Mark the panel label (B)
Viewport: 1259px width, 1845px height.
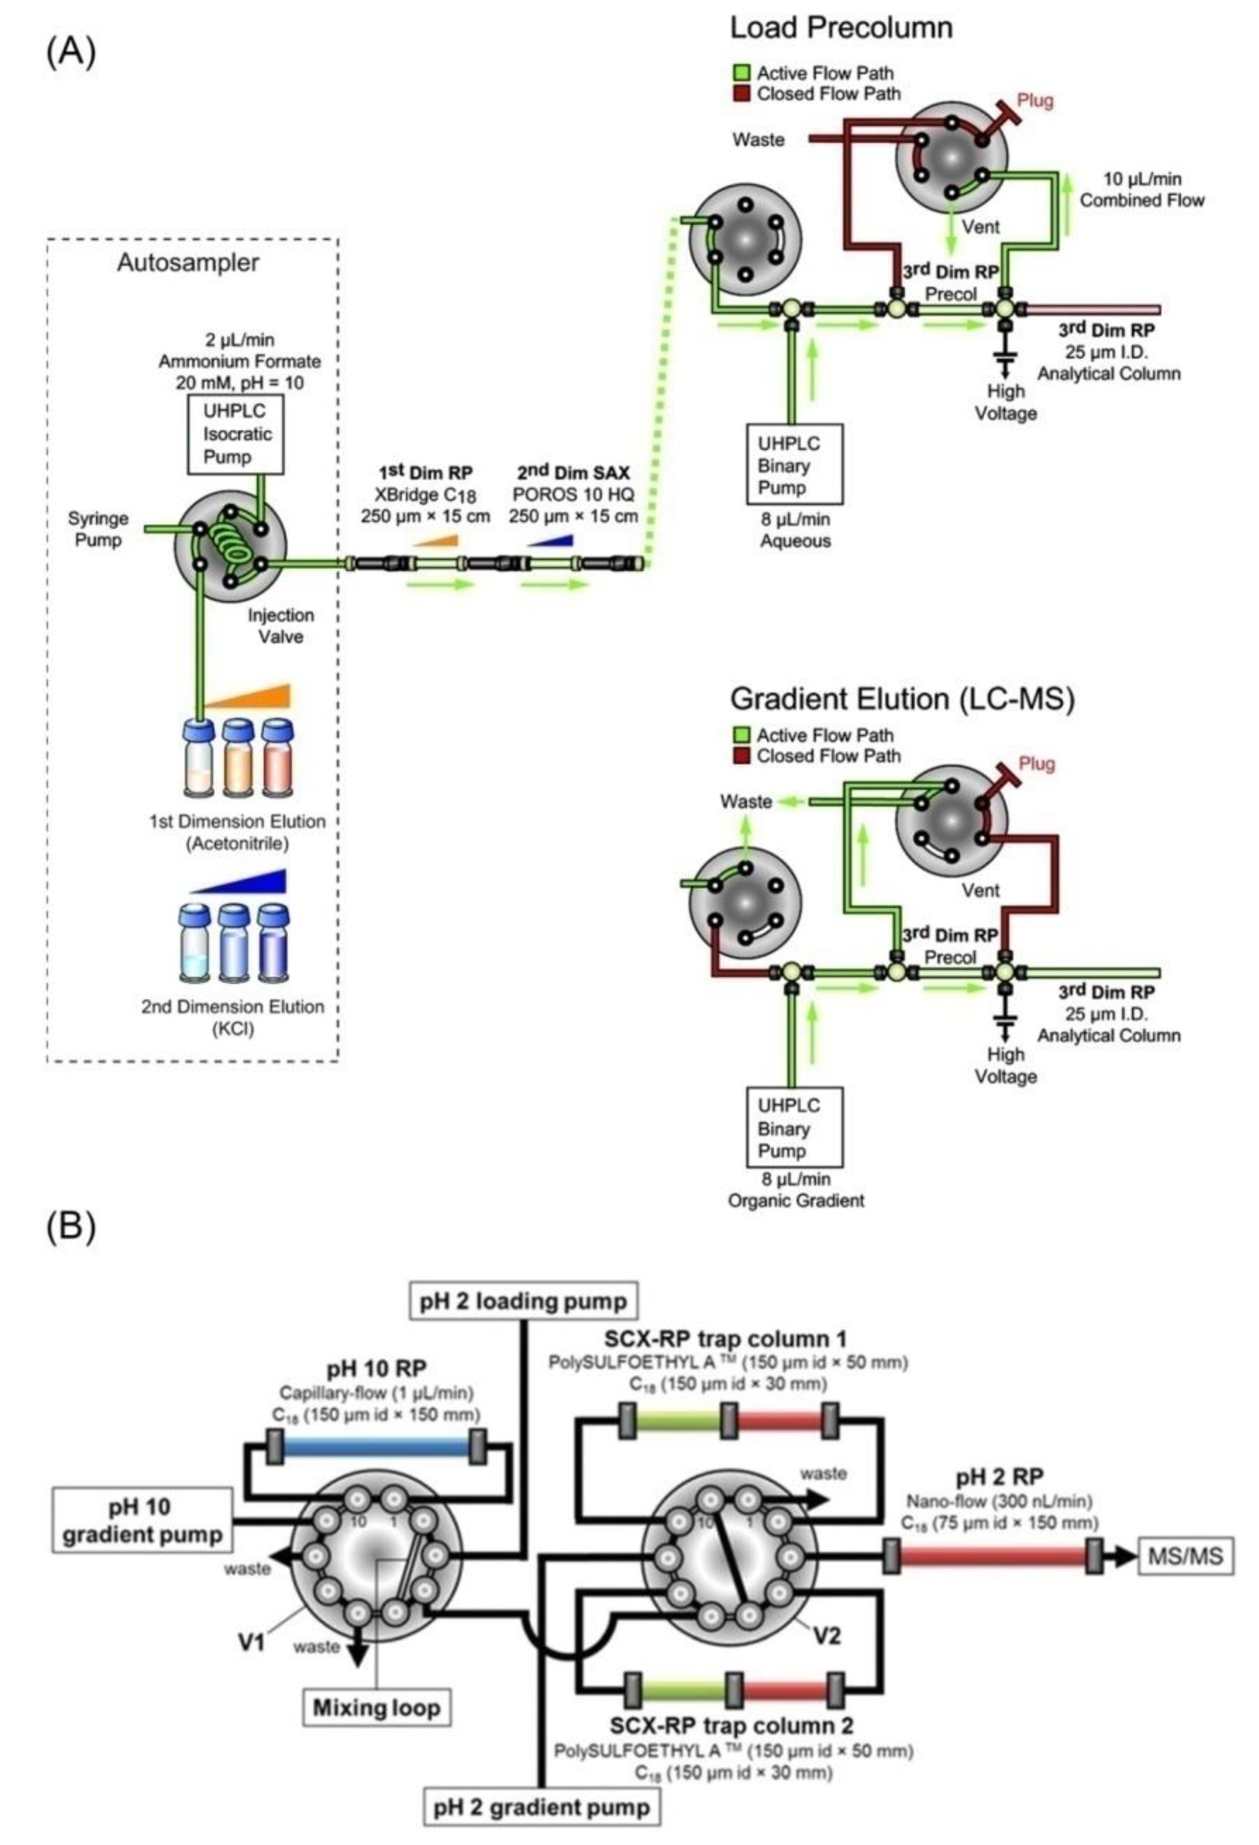coord(71,1227)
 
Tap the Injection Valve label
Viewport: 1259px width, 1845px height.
coord(280,626)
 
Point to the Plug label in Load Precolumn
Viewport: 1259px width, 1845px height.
coord(1035,101)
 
